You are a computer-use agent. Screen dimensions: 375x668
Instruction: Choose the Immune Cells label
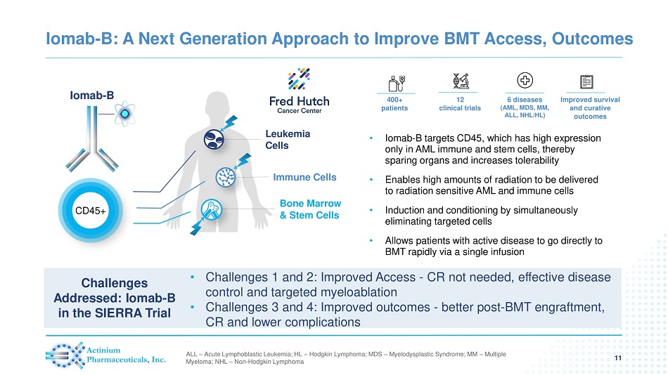pos(304,177)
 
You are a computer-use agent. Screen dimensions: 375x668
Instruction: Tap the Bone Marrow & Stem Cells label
pos(309,209)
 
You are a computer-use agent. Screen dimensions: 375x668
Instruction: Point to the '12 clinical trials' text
pos(459,104)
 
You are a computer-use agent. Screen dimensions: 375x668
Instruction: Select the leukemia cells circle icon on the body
pos(214,140)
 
